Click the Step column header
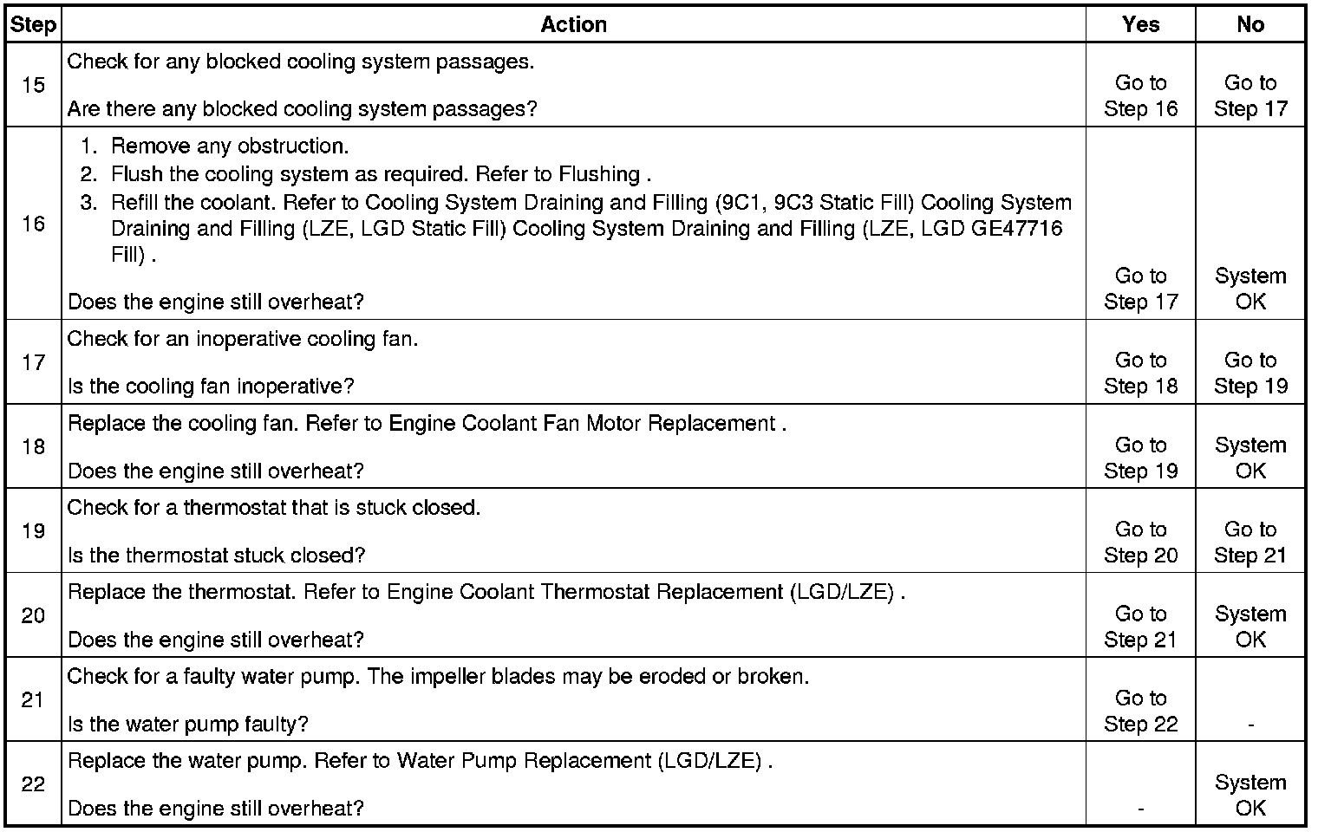pos(33,25)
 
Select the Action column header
pos(573,25)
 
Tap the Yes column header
pos(1140,25)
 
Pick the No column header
pos(1250,25)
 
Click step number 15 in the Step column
pos(33,85)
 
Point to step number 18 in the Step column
pos(33,446)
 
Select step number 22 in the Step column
pos(33,783)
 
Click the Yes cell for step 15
pos(1140,95)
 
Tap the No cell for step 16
pos(1250,289)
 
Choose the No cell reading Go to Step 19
pos(1250,373)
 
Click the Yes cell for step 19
pos(1140,542)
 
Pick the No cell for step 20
pos(1250,627)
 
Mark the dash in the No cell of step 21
pos(1250,725)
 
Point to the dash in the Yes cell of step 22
pos(1140,809)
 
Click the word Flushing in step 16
pos(599,174)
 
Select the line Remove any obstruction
pos(230,146)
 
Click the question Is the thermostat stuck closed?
pos(216,555)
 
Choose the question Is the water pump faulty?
pos(188,724)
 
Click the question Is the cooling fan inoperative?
pos(211,386)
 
